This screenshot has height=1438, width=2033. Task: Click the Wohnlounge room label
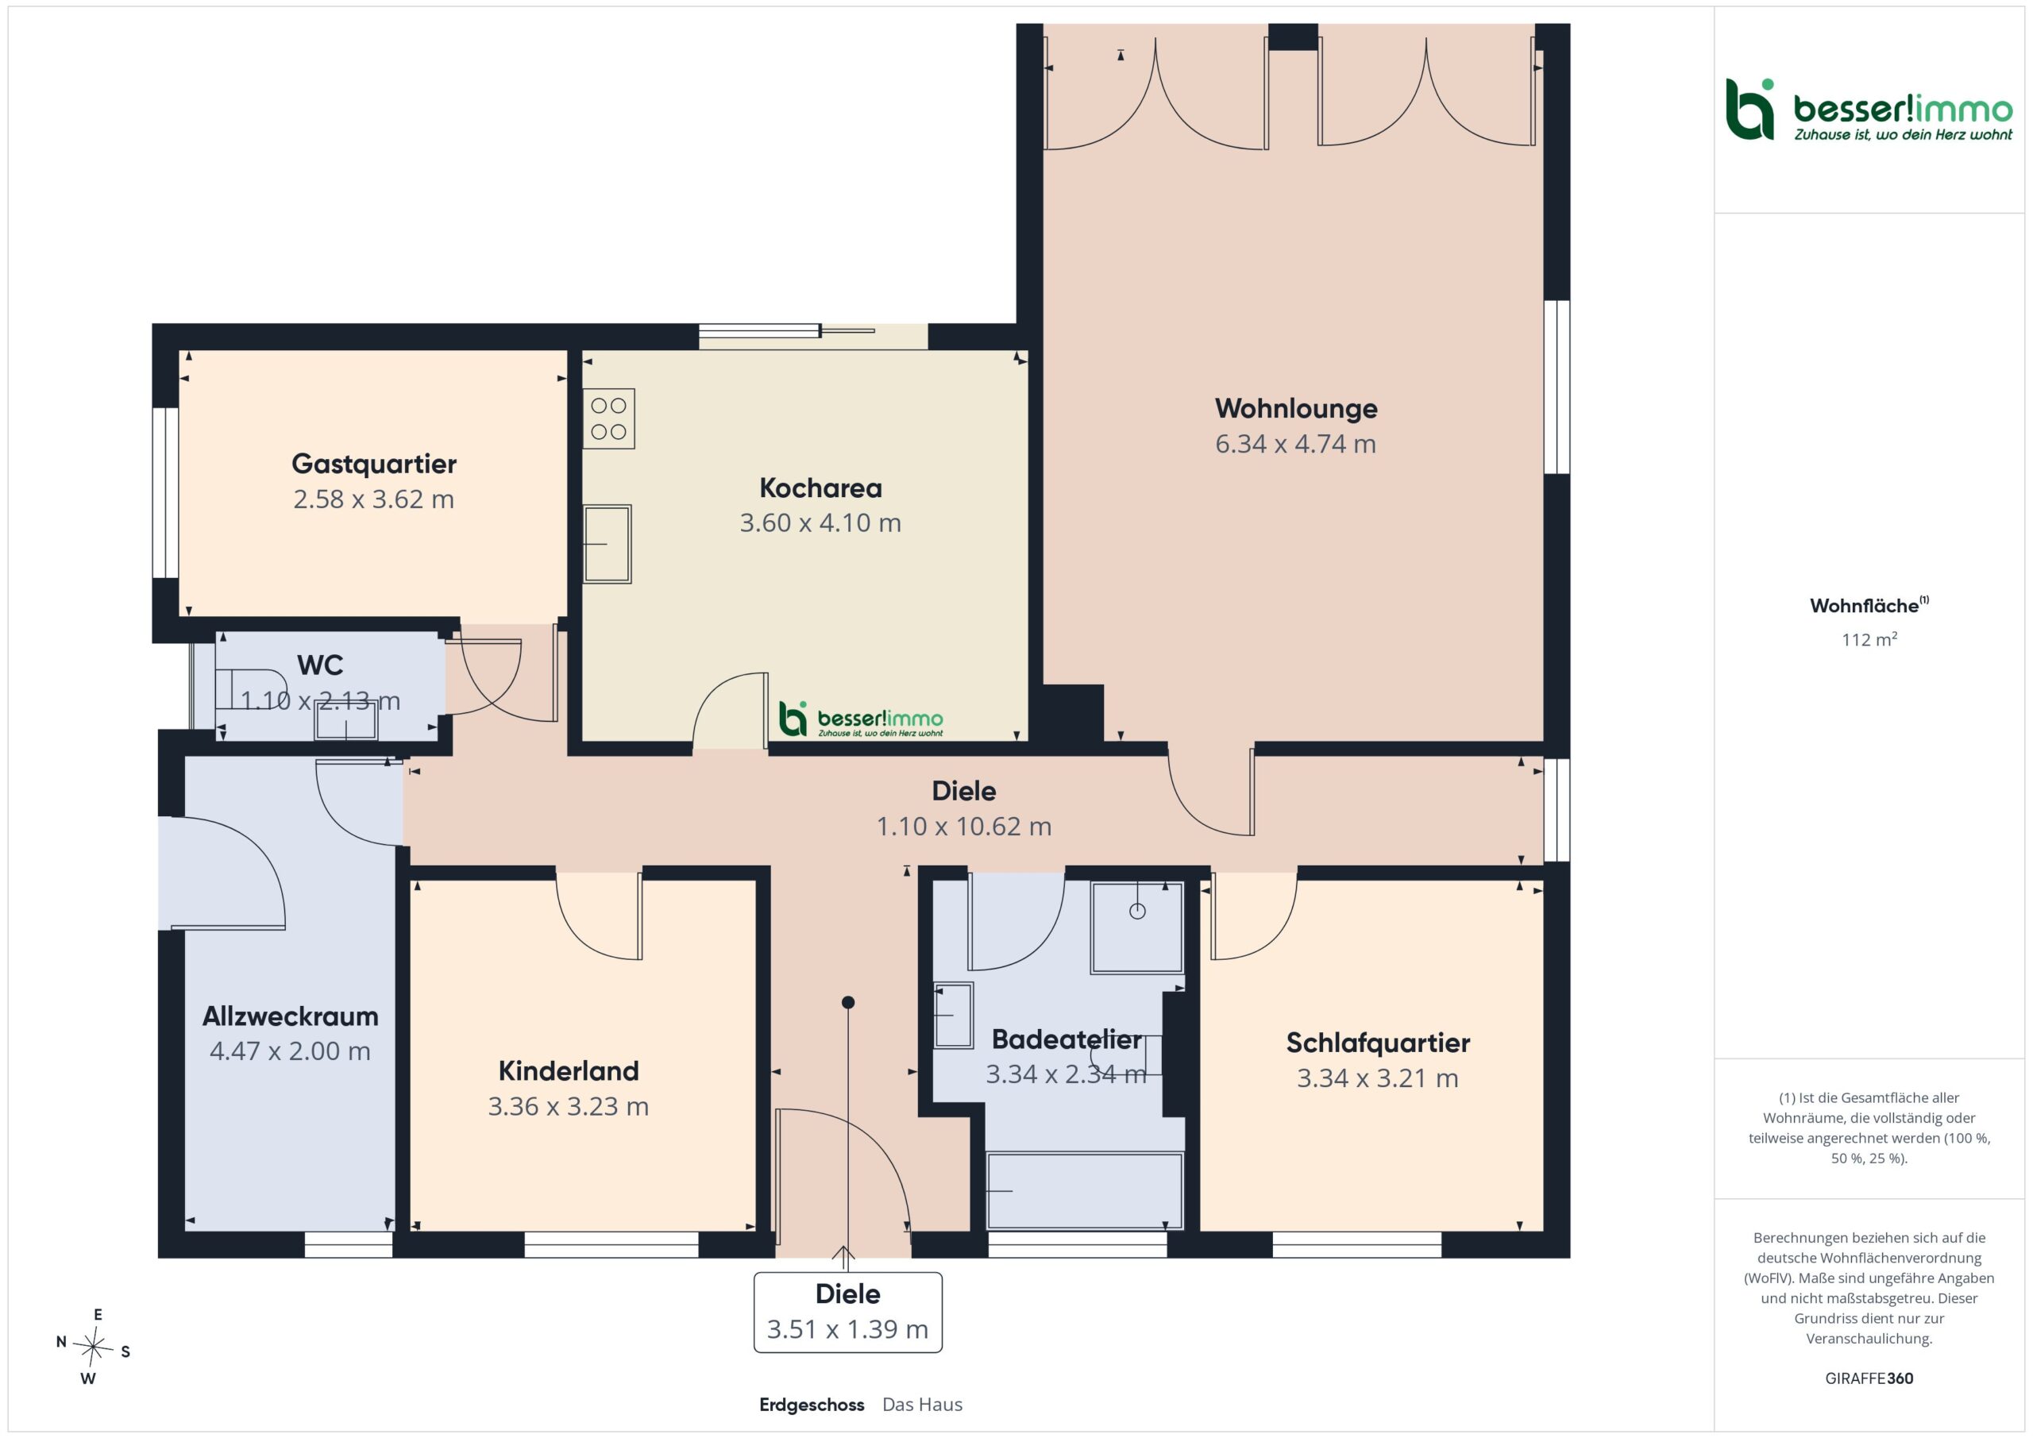pyautogui.click(x=1295, y=408)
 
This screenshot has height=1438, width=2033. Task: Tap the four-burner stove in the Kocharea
pyautogui.click(x=608, y=418)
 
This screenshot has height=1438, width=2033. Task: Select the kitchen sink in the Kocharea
pyautogui.click(x=607, y=544)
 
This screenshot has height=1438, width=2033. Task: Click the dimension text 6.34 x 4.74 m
pyautogui.click(x=1295, y=444)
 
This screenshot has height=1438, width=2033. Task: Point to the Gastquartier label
pyautogui.click(x=374, y=464)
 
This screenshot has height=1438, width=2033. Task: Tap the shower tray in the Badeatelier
pyautogui.click(x=1137, y=927)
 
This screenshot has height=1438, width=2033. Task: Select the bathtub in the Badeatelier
pyautogui.click(x=1085, y=1191)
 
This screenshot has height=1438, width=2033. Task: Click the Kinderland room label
pyautogui.click(x=569, y=1071)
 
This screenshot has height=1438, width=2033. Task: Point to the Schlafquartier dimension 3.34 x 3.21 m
pyautogui.click(x=1378, y=1078)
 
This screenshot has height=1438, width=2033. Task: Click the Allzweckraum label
pyautogui.click(x=291, y=1016)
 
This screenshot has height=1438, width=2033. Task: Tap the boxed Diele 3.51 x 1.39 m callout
pyautogui.click(x=847, y=1313)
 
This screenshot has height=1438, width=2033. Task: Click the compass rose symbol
pyautogui.click(x=92, y=1347)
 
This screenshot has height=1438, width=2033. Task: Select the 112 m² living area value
pyautogui.click(x=1869, y=639)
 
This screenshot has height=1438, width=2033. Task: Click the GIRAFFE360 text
pyautogui.click(x=1869, y=1378)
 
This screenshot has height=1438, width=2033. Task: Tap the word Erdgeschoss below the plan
pyautogui.click(x=811, y=1405)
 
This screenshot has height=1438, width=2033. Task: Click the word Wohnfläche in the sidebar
pyautogui.click(x=1864, y=607)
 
